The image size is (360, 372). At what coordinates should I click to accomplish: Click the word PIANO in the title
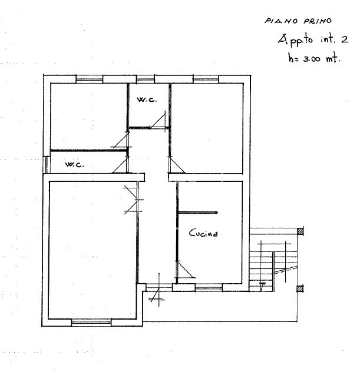[281, 21]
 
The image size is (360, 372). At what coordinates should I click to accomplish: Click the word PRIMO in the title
[318, 21]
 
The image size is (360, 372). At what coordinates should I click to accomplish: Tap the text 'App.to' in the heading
[295, 40]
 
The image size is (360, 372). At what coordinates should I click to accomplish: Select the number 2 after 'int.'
[345, 39]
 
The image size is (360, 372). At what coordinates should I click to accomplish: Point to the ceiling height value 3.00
[312, 59]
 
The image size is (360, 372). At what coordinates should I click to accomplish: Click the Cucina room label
[203, 233]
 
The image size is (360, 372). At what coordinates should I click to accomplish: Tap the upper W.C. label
[147, 99]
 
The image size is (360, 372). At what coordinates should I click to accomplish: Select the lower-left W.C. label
[74, 164]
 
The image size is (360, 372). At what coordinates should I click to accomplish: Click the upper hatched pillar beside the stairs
[300, 231]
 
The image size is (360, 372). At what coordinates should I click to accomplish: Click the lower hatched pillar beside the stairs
[300, 289]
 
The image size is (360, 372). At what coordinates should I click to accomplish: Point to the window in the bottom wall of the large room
[91, 323]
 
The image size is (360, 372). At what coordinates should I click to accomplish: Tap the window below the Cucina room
[209, 288]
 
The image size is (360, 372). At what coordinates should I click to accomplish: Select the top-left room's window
[90, 79]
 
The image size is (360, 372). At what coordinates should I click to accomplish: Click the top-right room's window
[206, 79]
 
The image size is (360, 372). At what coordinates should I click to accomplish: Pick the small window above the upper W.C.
[146, 79]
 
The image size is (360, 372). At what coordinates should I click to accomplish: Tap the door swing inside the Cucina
[185, 269]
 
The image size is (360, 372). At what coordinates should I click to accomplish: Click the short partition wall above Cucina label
[198, 213]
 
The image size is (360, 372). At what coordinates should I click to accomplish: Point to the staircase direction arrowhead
[262, 285]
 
